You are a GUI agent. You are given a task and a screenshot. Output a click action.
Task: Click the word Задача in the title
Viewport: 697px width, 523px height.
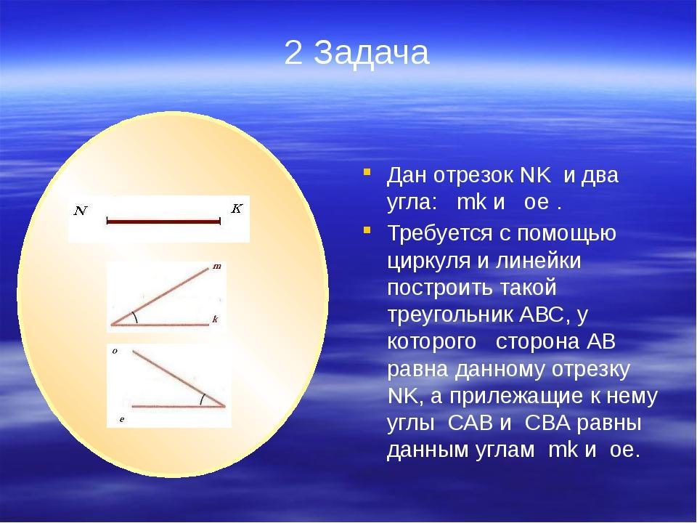372,53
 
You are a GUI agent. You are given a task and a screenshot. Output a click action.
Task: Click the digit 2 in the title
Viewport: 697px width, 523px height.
293,52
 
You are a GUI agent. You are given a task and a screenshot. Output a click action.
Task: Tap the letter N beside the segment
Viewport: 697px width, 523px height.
81,211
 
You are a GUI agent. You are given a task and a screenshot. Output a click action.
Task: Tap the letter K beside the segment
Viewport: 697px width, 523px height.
237,208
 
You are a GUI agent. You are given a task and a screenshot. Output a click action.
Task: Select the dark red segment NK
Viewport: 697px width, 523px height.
163,221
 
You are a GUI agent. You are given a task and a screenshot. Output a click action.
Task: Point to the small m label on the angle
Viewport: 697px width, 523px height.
217,267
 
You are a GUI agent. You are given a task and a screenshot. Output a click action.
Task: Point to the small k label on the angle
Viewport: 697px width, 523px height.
215,319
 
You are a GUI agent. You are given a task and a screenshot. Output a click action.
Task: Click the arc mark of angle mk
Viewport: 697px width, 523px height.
136,317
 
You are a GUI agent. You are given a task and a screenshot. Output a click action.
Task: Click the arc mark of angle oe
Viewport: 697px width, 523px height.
202,400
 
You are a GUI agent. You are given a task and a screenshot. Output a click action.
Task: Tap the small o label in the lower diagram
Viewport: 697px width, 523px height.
115,352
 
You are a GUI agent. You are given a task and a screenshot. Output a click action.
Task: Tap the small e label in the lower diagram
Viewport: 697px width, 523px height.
122,419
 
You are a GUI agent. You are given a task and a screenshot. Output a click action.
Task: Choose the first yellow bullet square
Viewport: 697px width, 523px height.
367,171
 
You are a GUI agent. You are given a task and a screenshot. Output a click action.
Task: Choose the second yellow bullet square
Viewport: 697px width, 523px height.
367,230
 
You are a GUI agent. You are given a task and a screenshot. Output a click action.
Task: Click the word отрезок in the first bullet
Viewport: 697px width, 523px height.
473,175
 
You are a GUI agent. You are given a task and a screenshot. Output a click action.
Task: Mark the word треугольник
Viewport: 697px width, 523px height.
450,315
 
